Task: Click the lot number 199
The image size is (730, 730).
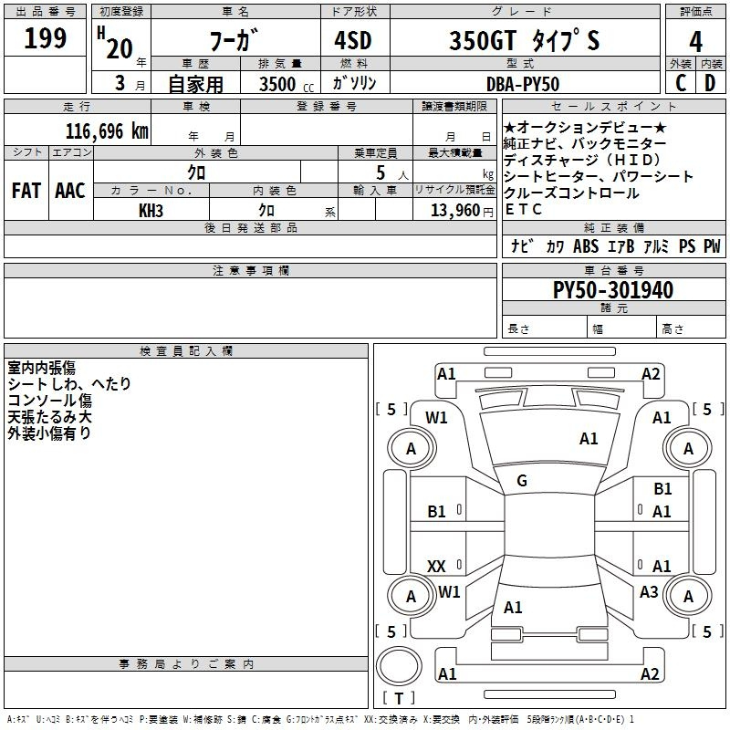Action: coord(45,38)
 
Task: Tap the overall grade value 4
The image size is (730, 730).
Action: coord(695,42)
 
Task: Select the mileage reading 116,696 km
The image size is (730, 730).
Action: coord(107,131)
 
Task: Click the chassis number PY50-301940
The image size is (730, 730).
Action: coord(613,289)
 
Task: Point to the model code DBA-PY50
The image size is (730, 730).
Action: coord(522,84)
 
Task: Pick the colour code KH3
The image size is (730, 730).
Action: coord(151,211)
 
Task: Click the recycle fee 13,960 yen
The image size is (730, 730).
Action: coord(462,211)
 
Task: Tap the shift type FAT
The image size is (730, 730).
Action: coord(26,191)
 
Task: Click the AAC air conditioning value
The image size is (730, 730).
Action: coord(70,191)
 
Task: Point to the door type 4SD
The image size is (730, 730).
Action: coord(352,40)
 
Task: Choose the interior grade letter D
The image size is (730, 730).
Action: coord(710,83)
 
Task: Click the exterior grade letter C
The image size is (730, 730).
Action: coord(681,83)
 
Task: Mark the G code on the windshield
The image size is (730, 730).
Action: coord(522,481)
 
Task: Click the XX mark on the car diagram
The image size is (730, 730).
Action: coord(436,566)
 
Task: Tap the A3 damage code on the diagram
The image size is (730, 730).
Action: coord(649,591)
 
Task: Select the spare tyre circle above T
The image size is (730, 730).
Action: coord(399,666)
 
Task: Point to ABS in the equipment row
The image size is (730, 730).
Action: coord(586,245)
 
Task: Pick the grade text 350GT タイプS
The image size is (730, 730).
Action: coord(524,40)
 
